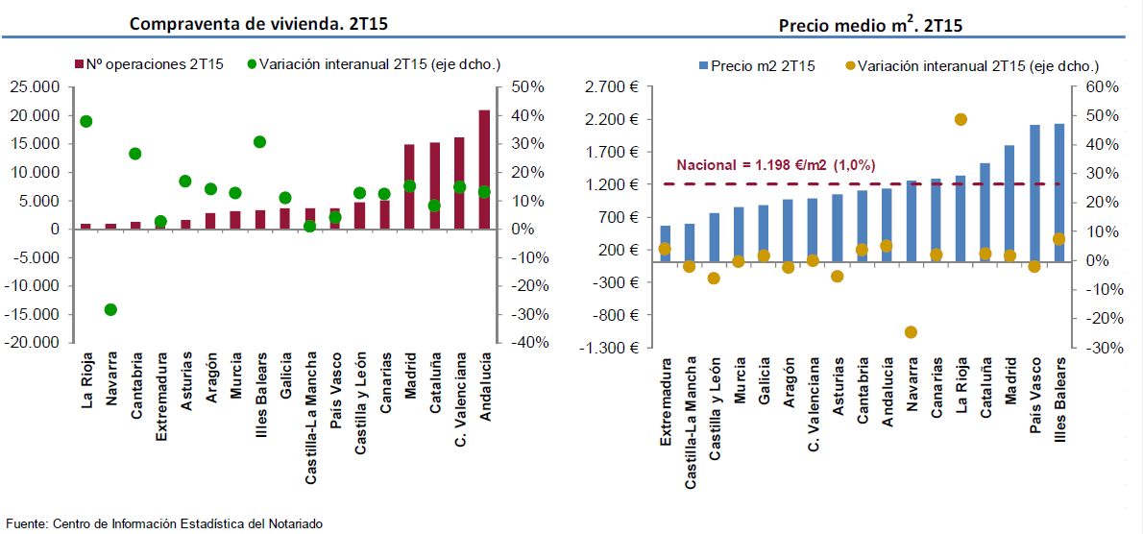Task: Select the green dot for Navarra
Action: pos(110,309)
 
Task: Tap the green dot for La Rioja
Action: pos(85,121)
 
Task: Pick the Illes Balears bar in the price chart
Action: pos(1059,192)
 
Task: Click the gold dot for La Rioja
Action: pos(961,119)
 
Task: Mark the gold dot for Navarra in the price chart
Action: pos(911,331)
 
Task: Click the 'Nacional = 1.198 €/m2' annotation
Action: pos(776,164)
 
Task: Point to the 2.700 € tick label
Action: pos(612,87)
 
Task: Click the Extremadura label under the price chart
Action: pos(666,401)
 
